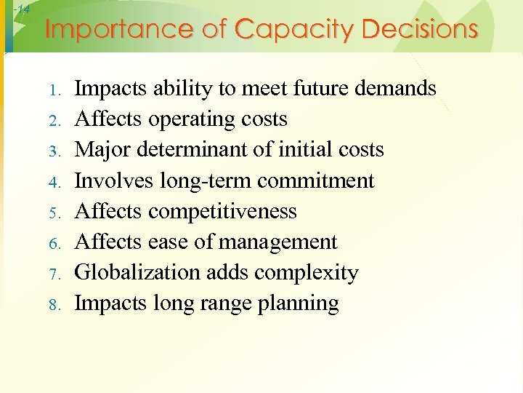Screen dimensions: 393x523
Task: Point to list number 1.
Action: [57, 90]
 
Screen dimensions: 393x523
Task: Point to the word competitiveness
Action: [222, 211]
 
